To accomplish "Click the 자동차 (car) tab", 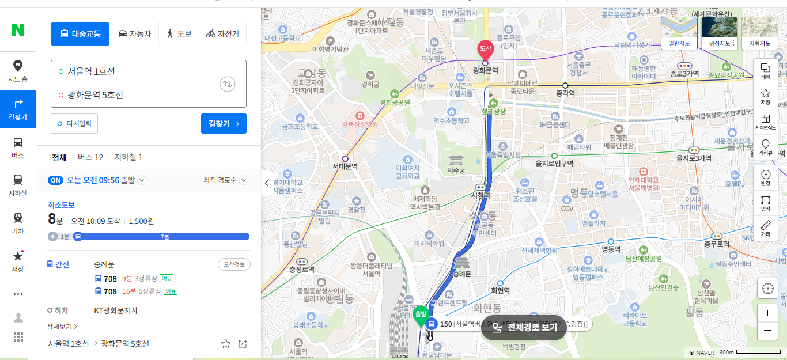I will [x=135, y=34].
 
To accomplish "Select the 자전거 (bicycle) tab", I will [x=222, y=34].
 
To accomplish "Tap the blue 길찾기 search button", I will [x=224, y=123].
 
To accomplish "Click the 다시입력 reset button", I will [x=74, y=123].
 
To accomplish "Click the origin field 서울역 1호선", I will [x=138, y=71].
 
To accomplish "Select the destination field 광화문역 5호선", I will [x=138, y=95].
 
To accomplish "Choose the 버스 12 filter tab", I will [x=90, y=157].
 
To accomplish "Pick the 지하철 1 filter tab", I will [x=128, y=157].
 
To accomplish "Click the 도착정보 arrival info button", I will [x=234, y=264].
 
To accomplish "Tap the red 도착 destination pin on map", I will [x=485, y=50].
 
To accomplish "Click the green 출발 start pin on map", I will [x=419, y=314].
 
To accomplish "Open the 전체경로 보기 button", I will [x=524, y=327].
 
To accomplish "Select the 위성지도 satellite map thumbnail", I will [x=719, y=32].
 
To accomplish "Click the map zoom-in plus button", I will [x=767, y=313].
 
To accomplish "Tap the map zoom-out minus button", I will [x=767, y=331].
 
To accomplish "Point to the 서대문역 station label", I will [x=345, y=166].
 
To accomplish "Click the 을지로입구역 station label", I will [x=554, y=163].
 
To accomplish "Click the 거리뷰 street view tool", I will [x=766, y=147].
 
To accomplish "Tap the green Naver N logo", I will [x=18, y=29].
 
